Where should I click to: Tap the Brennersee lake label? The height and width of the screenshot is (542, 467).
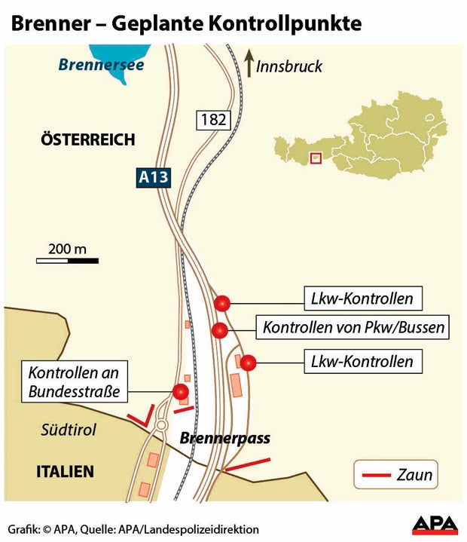(x=101, y=65)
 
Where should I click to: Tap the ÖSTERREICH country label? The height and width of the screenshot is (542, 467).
(x=88, y=139)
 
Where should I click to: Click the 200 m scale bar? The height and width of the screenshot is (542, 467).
(x=67, y=260)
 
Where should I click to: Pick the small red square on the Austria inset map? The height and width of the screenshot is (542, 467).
(x=316, y=158)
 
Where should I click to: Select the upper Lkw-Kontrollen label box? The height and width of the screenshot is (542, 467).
(x=362, y=299)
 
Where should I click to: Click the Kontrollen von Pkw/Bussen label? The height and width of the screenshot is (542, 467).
(x=353, y=329)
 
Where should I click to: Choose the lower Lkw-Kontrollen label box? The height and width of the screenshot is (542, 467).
(x=362, y=362)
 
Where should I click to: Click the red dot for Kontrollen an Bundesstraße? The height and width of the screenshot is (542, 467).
(x=180, y=391)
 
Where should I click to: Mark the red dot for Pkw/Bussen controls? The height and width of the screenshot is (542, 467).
(x=219, y=330)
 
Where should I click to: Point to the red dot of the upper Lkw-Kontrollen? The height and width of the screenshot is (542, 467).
(x=221, y=303)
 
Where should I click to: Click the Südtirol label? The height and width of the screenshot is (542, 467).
(x=68, y=430)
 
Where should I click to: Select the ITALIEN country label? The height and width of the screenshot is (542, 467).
(x=66, y=472)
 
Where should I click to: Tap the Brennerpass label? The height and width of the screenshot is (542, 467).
(x=224, y=439)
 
